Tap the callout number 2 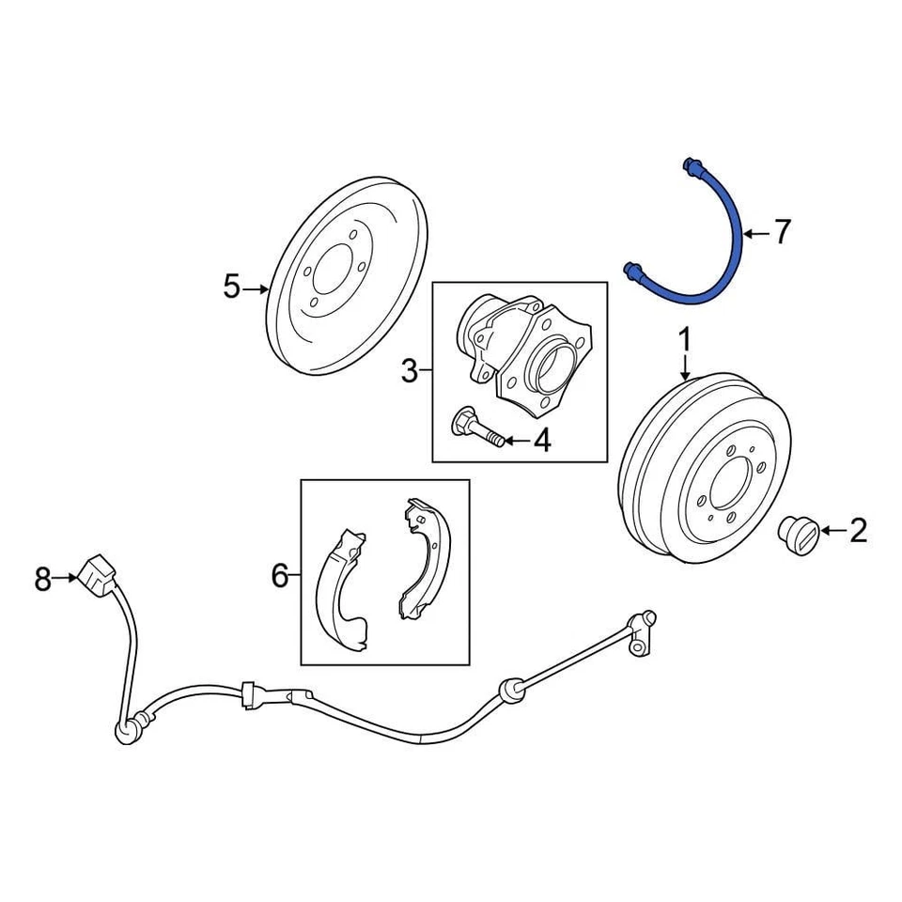(x=858, y=532)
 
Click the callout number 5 (x=231, y=288)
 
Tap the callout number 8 (x=42, y=580)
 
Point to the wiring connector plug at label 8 (x=97, y=573)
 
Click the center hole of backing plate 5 (x=329, y=272)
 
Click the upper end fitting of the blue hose (x=692, y=166)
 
